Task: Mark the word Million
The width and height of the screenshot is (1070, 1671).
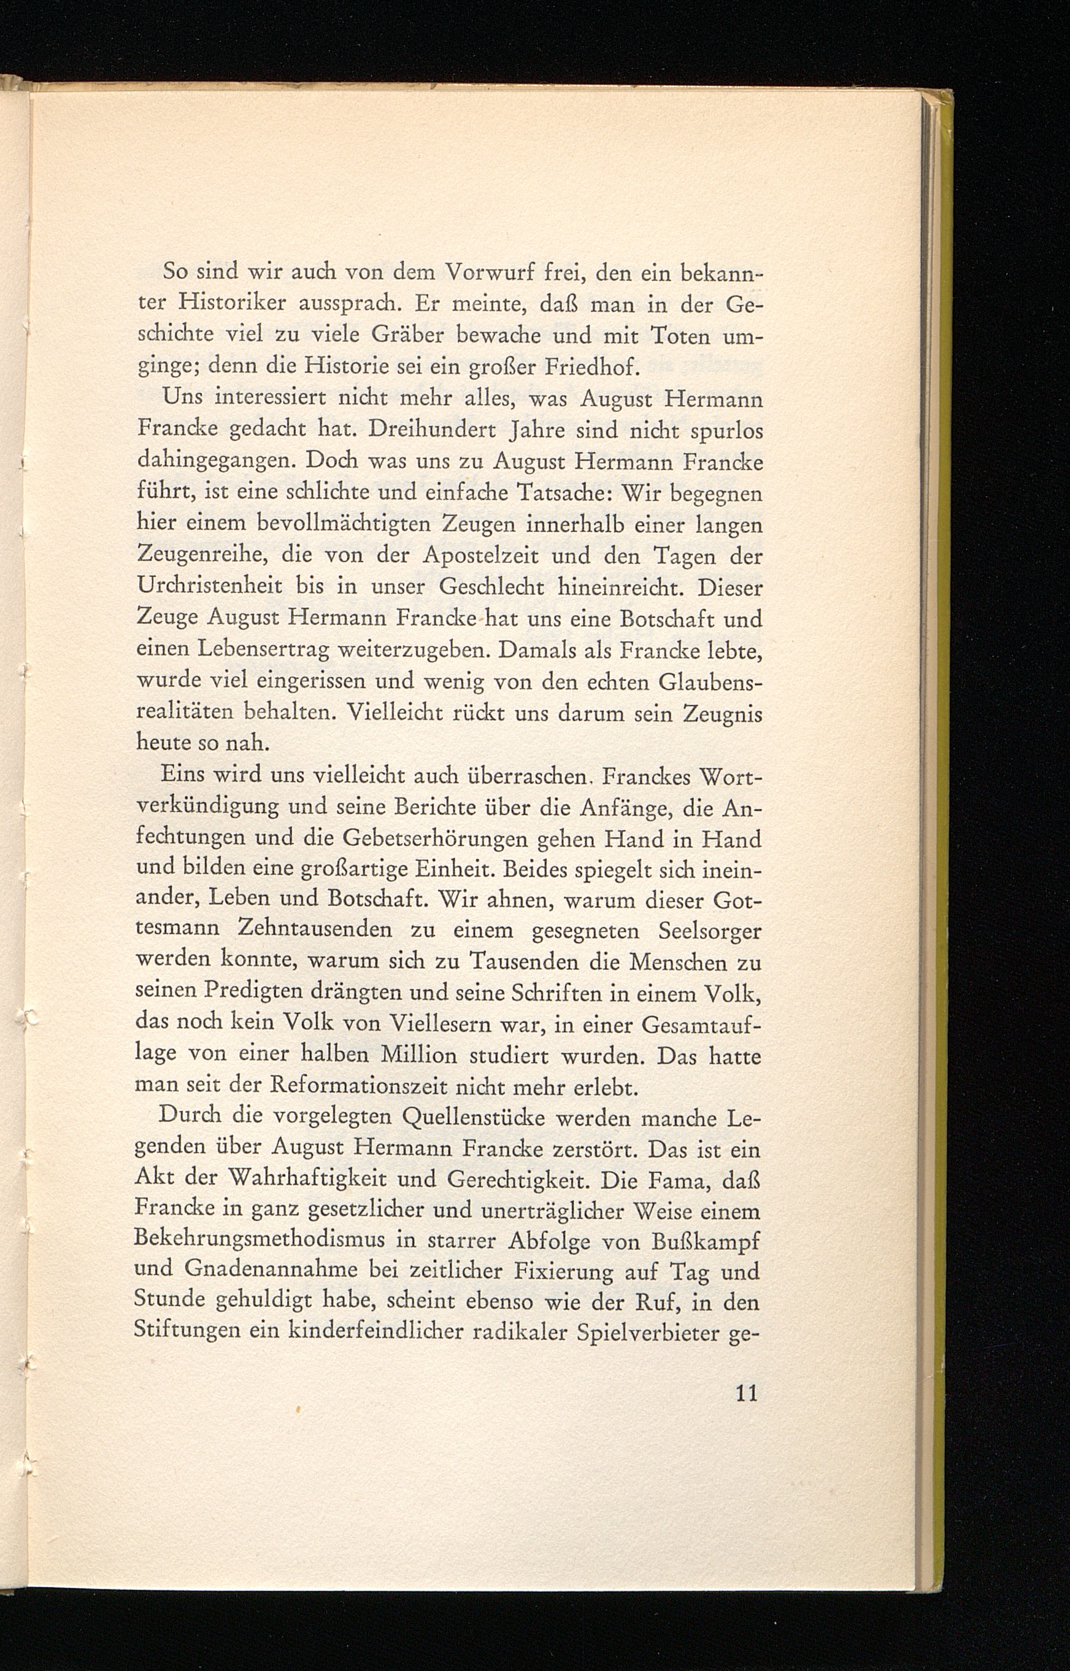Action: click(x=419, y=1056)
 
